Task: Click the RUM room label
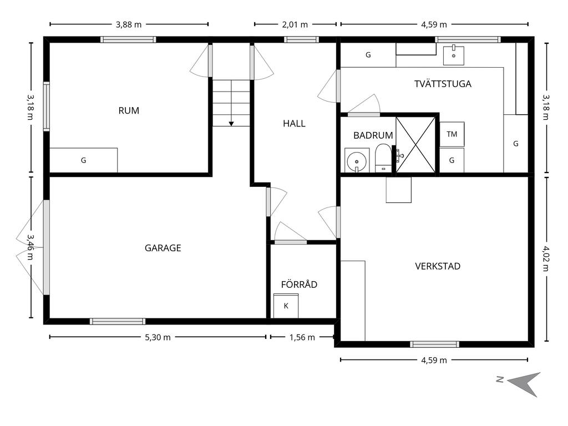(129, 110)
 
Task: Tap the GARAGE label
(163, 248)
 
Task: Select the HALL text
(294, 124)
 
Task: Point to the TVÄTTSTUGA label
(443, 84)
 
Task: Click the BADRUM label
(373, 135)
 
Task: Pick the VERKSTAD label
(438, 266)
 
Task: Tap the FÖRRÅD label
(299, 285)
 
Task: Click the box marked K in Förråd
(286, 306)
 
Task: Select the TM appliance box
(452, 134)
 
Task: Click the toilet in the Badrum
(383, 158)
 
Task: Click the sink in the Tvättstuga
(454, 54)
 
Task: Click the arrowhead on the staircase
(231, 123)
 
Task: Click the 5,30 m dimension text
(158, 337)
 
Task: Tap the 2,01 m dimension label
(295, 24)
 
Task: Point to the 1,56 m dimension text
(303, 337)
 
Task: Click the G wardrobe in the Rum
(84, 160)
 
